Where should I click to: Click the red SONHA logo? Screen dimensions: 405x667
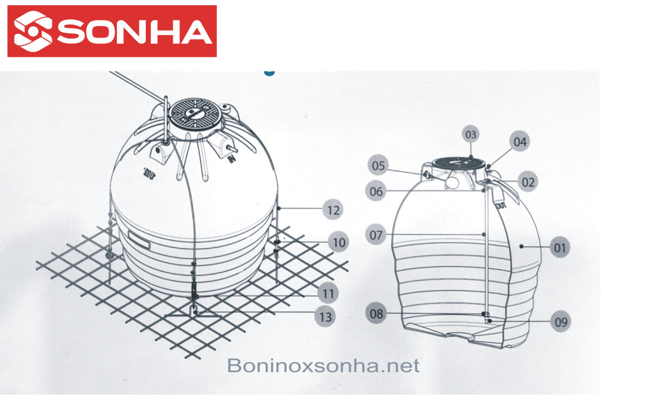[112, 31]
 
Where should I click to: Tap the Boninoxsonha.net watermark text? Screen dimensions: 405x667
[323, 366]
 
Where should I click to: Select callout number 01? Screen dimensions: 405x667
[560, 248]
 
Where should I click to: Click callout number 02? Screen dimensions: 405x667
[528, 182]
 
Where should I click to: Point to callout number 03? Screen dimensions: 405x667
[471, 134]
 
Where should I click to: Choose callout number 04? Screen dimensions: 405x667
[520, 142]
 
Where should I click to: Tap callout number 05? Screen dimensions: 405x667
[378, 165]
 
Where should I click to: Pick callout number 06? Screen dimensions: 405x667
[376, 192]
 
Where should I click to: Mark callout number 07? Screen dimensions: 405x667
[376, 235]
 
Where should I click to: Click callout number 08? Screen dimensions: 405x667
[376, 314]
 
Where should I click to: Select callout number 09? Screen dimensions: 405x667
[561, 322]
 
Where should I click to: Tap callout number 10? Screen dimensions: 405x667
[339, 242]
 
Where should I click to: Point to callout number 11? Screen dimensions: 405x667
[328, 293]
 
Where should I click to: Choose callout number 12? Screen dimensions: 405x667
[333, 210]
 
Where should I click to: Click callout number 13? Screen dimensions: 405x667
[325, 317]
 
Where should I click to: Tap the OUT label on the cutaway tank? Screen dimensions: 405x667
[501, 205]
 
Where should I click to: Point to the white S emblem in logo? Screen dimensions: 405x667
[32, 31]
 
